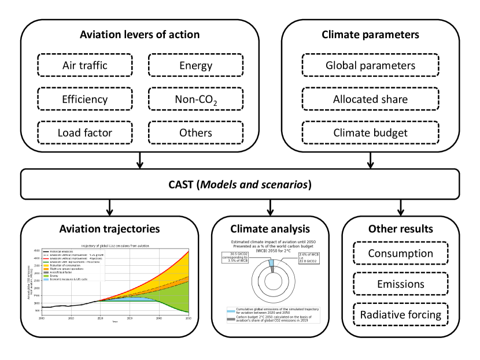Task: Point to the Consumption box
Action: tap(400, 253)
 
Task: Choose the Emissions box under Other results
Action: tap(400, 284)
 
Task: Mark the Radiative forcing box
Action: tap(400, 315)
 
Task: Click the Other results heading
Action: tap(400, 228)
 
